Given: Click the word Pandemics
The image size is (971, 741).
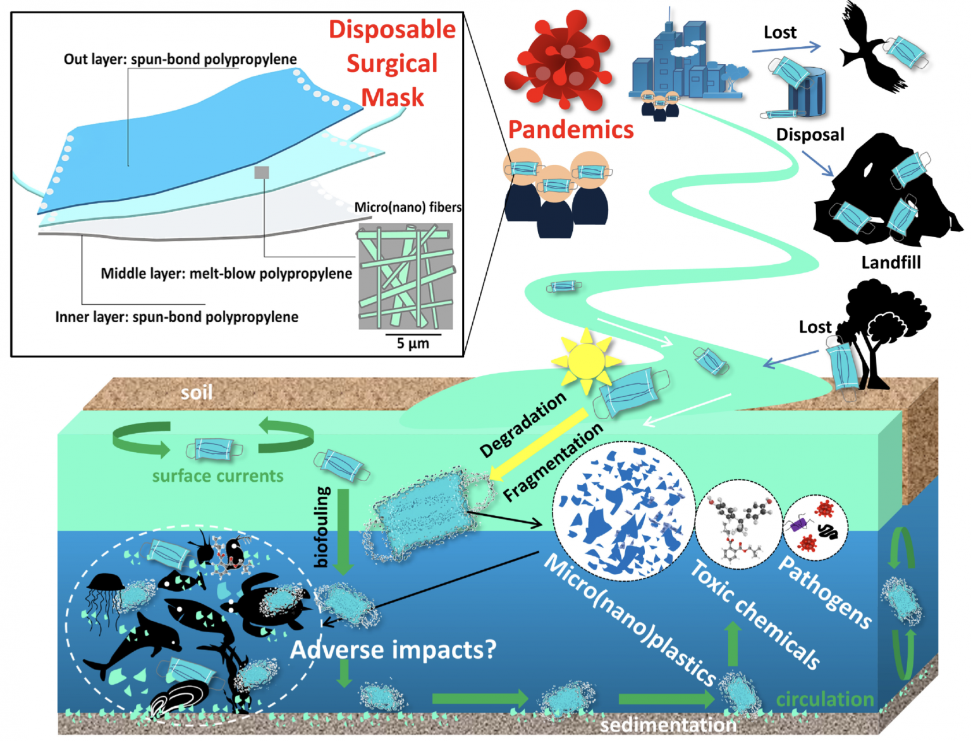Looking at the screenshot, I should tap(570, 130).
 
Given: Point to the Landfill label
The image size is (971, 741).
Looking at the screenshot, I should tap(890, 262).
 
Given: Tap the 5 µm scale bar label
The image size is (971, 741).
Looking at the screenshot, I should tap(412, 343).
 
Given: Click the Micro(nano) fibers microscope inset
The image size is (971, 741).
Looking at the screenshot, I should tap(406, 276).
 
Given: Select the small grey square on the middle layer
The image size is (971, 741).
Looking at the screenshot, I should tap(261, 172).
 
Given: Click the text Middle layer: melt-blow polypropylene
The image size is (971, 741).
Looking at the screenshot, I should tap(226, 274).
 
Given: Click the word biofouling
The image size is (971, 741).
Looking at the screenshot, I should tap(322, 526).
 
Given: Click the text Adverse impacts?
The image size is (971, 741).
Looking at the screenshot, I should tap(393, 649).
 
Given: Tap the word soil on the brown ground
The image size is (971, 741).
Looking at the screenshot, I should tap(197, 393).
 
